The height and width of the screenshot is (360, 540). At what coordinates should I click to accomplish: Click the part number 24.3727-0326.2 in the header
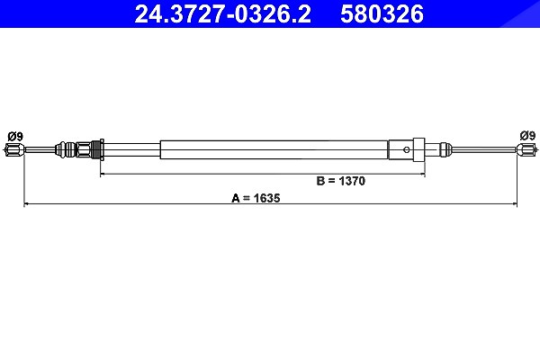(223, 14)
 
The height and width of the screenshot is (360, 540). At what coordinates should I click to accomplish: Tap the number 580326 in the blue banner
(382, 14)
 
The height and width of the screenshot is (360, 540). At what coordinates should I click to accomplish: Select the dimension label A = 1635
(256, 198)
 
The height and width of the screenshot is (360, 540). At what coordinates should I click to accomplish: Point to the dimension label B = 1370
(340, 181)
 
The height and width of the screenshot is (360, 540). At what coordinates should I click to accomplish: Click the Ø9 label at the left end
(15, 137)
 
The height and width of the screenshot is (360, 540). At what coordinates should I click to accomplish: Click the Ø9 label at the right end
(528, 136)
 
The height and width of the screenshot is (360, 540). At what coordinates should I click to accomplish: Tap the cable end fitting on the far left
(13, 149)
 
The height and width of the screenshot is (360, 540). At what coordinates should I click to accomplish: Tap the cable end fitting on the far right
(526, 149)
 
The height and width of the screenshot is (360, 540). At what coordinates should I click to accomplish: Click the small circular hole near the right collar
(407, 149)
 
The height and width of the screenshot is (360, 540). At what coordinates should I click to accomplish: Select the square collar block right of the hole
(418, 149)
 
